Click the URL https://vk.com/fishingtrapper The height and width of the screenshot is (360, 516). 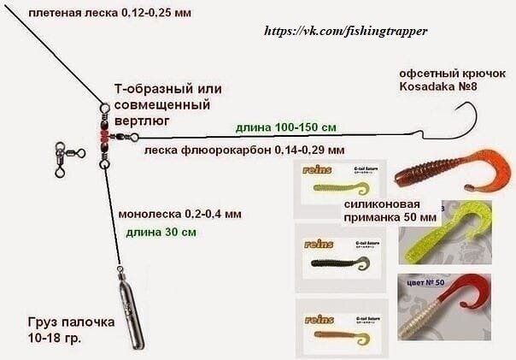click(346, 31)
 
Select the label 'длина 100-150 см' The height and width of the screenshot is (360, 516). click(285, 127)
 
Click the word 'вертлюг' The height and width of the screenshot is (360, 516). click(142, 121)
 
